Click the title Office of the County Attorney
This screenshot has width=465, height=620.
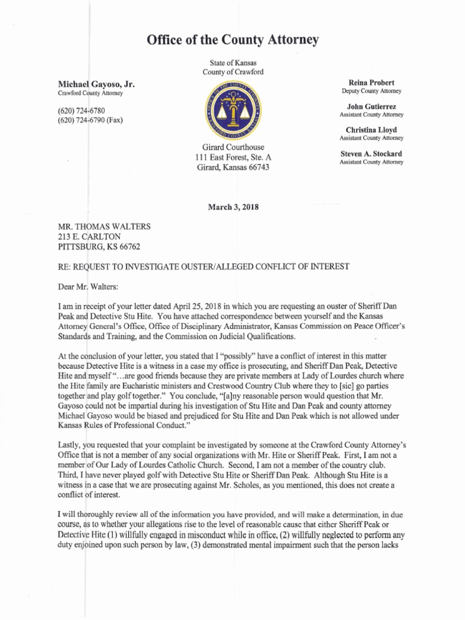pos(232,41)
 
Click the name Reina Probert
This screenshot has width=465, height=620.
pos(371,82)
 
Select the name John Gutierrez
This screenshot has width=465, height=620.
pos(371,107)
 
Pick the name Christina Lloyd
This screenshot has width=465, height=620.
pos(371,130)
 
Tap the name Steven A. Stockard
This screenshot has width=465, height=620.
pos(371,154)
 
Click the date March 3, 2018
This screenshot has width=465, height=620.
pos(232,207)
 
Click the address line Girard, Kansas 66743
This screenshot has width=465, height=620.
pos(232,167)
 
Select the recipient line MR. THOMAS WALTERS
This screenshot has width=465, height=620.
pos(104,227)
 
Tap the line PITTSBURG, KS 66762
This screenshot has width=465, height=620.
pos(101,246)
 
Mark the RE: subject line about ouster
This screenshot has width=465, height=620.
pos(203,266)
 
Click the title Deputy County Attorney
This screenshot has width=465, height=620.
pos(371,91)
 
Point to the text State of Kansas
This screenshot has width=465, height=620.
pos(232,62)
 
